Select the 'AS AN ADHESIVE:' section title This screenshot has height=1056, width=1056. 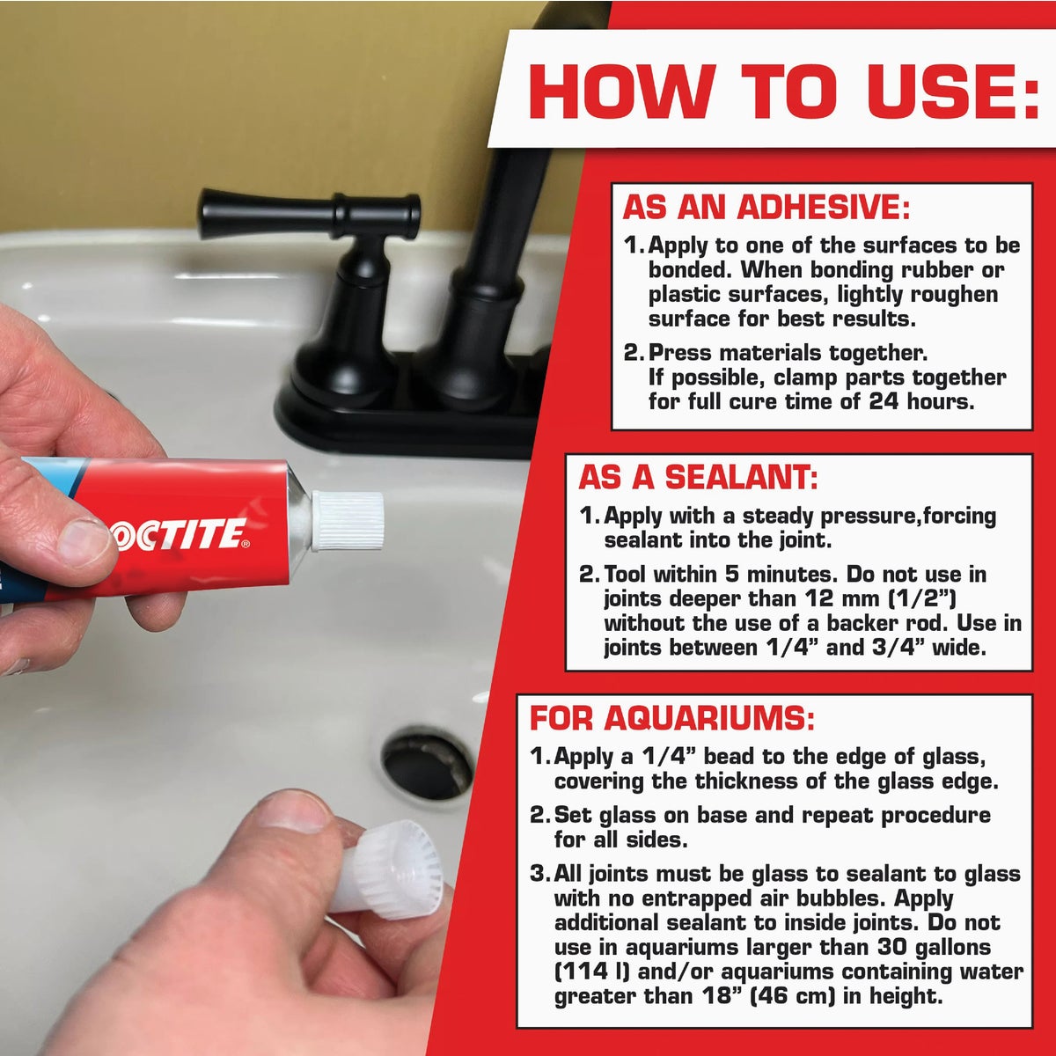[x=765, y=208]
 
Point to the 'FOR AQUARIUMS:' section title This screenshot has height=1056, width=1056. [x=672, y=718]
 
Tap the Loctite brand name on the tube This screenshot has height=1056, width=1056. [x=181, y=535]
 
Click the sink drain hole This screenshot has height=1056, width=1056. [x=427, y=762]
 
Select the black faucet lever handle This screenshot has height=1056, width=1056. [x=308, y=214]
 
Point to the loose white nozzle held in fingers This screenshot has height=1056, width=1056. [x=387, y=869]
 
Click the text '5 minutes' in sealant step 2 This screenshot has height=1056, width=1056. [x=763, y=575]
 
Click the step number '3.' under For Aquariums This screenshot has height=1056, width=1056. [x=539, y=874]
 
